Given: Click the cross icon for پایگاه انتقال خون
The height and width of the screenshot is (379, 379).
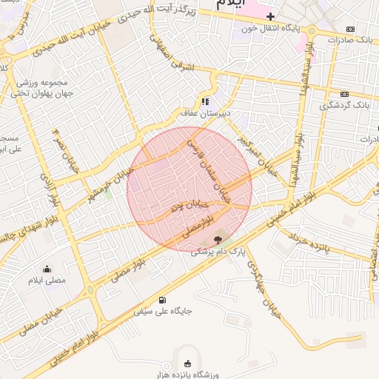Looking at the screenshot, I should (271, 16).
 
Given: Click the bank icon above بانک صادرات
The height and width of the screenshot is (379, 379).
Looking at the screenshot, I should (350, 29).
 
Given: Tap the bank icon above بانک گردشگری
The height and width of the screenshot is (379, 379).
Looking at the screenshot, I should (344, 94).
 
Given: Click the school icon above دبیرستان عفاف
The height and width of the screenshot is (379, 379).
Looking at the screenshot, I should (205, 101).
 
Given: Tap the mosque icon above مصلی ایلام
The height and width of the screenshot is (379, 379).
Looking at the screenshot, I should (47, 269).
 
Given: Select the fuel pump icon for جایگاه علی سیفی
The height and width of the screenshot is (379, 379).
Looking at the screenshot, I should (162, 300).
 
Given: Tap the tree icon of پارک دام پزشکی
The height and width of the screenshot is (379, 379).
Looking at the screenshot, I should (218, 238).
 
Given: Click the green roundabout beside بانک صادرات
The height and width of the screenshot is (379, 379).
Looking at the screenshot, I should (312, 31).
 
